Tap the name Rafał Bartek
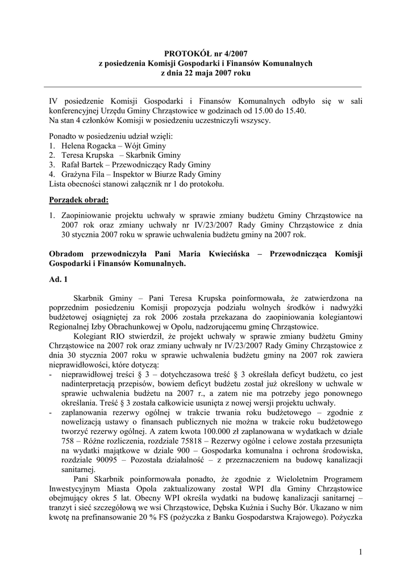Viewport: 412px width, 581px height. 81,165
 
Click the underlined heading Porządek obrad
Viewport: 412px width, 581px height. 78,200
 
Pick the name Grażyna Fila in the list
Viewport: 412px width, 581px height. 82,174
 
